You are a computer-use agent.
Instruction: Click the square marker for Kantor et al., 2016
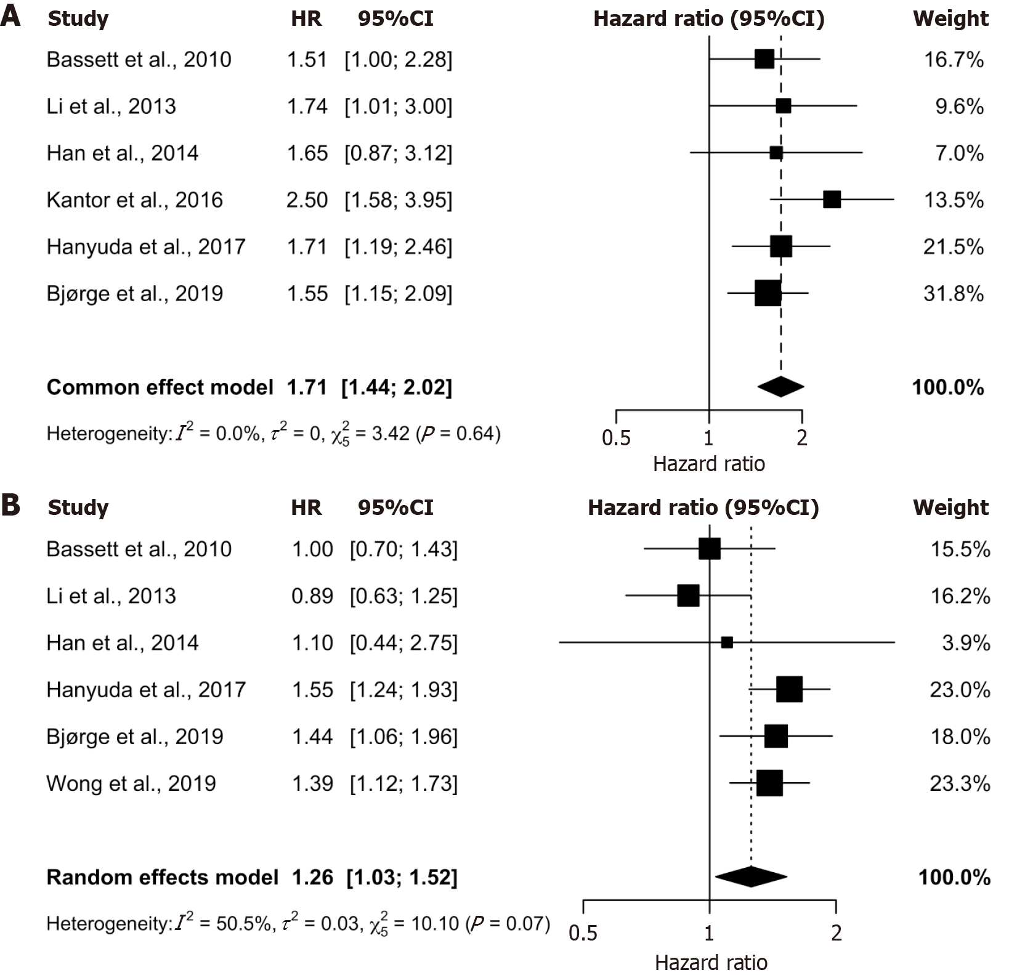click(x=832, y=200)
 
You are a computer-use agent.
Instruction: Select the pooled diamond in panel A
click(x=780, y=387)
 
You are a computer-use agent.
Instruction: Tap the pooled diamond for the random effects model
click(x=750, y=876)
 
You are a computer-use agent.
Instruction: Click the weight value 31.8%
click(x=953, y=294)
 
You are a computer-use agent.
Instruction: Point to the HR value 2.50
click(x=307, y=200)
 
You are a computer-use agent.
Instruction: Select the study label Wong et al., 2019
click(x=131, y=783)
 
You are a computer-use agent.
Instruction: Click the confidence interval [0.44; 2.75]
click(x=403, y=643)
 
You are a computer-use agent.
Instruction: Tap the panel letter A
click(x=10, y=17)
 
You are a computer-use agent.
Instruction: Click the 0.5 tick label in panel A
click(x=616, y=438)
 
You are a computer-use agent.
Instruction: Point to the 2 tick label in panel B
click(x=836, y=933)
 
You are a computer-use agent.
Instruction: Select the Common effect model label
click(x=160, y=387)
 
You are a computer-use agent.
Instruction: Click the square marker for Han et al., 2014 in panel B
click(x=727, y=642)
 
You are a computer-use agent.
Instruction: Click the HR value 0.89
click(x=312, y=596)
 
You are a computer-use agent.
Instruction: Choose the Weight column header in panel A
click(x=950, y=19)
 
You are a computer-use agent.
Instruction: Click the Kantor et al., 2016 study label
click(x=134, y=200)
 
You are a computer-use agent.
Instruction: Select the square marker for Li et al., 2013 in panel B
click(x=688, y=596)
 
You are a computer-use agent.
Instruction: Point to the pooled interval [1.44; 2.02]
click(x=397, y=387)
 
